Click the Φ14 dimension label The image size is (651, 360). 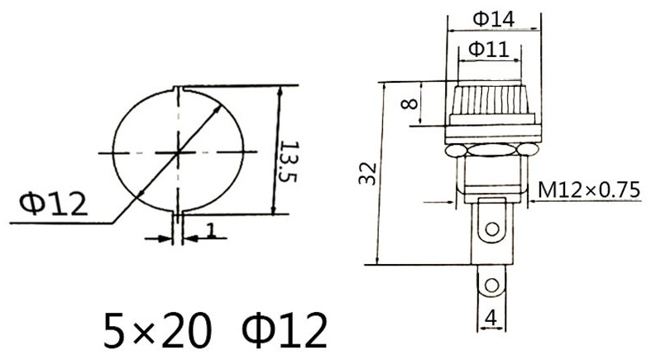(x=494, y=19)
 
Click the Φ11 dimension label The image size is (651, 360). (x=489, y=50)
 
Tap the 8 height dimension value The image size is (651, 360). (x=409, y=103)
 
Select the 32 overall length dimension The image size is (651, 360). (x=368, y=174)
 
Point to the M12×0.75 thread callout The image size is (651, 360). (x=589, y=190)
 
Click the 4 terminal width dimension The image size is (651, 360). (x=491, y=319)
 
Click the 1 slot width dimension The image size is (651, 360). (x=211, y=231)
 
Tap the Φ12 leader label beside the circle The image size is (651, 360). (x=54, y=204)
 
